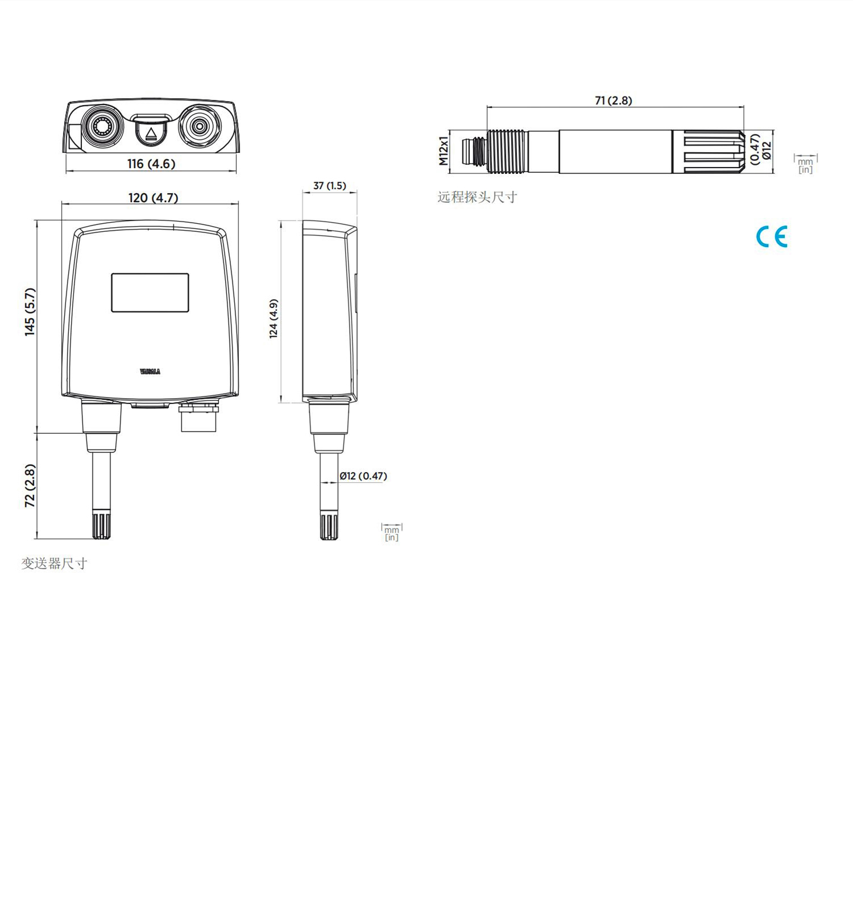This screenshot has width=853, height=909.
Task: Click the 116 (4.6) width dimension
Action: pos(151,164)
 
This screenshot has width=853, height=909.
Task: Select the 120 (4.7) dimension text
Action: pos(153,198)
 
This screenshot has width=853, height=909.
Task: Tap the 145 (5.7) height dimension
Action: pos(30,312)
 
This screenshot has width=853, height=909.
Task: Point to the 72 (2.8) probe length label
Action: pos(30,486)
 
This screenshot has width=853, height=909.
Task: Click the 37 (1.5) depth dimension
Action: pos(329,186)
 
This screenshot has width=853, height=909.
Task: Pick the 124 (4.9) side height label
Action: pos(274,319)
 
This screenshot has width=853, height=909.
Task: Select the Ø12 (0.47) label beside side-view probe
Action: pos(363,476)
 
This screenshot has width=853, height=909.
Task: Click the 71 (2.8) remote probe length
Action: pos(613,101)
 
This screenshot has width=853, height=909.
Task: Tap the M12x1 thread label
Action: pos(443,151)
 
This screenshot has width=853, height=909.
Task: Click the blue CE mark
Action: pos(772,236)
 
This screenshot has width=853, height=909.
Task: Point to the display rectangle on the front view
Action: pos(150,293)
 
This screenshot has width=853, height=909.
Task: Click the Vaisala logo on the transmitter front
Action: pos(150,372)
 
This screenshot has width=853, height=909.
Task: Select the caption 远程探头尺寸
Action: pos(477,197)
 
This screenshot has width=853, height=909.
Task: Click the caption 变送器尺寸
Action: pos(54,564)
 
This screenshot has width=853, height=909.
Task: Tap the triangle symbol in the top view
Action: pos(151,134)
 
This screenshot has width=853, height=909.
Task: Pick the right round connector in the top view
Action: pos(198,126)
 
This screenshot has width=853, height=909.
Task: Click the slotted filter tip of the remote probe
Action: pos(709,152)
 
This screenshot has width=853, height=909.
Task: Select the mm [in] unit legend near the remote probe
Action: pos(805,164)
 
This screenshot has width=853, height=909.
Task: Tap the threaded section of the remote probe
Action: pos(508,152)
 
